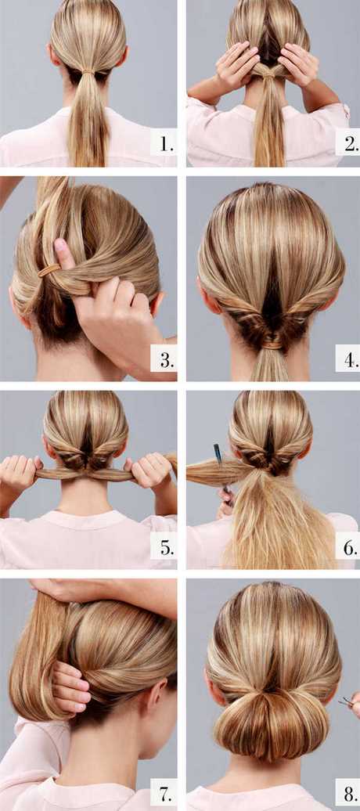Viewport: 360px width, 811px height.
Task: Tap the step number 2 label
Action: [x=346, y=144]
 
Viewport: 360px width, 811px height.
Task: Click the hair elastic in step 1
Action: [x=88, y=71]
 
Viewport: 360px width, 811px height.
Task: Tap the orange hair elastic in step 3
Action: [x=49, y=270]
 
